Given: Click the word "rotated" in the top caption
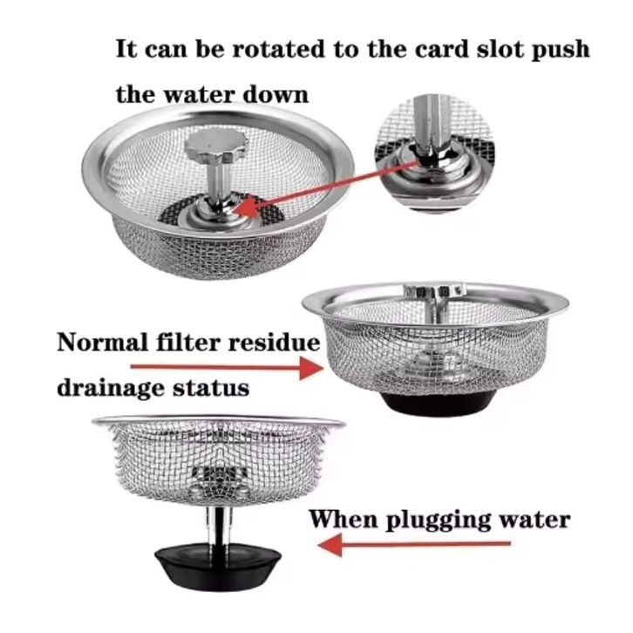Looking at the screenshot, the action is pos(279,49).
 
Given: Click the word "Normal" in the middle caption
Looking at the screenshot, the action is pos(103,343).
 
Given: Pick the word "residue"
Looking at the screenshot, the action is pos(275,343).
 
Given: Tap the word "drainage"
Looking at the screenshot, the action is pos(111,388).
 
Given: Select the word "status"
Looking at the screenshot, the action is pos(211,388).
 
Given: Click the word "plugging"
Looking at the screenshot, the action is pos(439,521).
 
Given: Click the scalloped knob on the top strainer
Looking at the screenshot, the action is pos(215,146).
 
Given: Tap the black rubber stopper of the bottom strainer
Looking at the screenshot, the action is pos(218,567).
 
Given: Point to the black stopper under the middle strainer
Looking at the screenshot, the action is pos(439,402).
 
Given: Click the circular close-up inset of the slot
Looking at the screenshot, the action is pos(434,153).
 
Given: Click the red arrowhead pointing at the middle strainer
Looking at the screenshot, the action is pos(311,367).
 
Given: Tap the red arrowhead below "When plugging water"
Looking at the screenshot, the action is pos(330,544).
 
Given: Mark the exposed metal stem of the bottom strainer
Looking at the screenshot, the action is pos(219,527).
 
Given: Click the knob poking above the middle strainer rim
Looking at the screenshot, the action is pos(434,290).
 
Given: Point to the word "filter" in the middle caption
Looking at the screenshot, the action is pos(188,343).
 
